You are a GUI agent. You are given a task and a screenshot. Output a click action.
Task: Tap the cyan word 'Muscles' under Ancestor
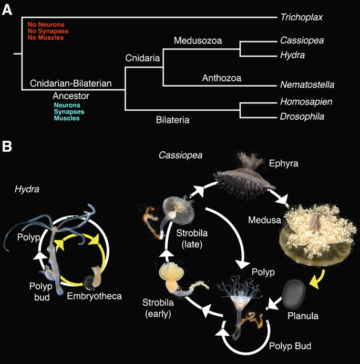(x=67, y=119)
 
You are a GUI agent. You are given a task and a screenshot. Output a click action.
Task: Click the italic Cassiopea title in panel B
(x=180, y=156)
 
